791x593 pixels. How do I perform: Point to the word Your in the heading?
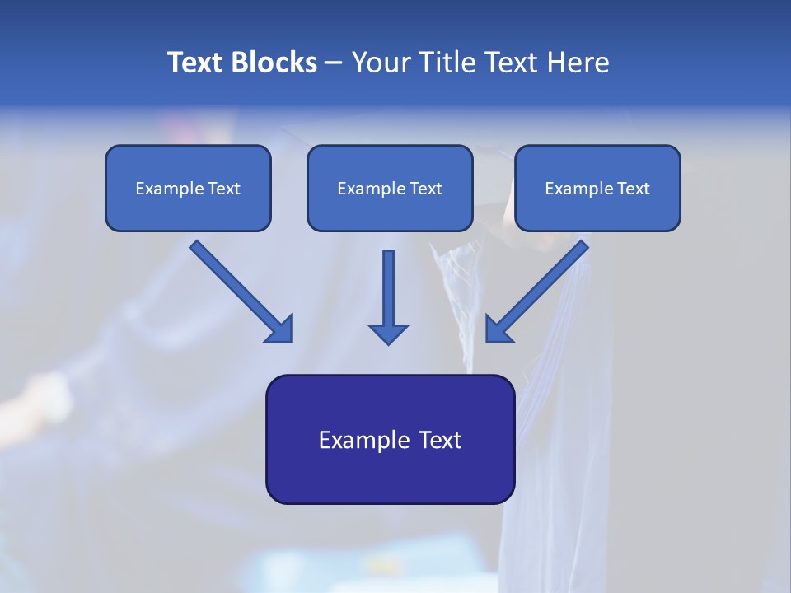(380, 63)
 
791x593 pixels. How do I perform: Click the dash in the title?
(334, 63)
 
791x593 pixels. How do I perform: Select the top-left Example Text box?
(188, 189)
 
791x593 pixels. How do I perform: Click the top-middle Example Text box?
(390, 189)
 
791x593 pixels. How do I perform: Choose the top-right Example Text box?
(597, 189)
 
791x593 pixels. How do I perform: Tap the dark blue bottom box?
(390, 439)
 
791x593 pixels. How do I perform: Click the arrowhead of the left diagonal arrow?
(280, 329)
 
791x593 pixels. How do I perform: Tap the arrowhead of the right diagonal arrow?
(498, 329)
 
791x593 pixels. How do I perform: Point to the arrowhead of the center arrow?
(388, 333)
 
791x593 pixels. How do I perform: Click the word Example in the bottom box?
(359, 440)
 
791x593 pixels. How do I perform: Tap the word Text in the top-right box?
(633, 189)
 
